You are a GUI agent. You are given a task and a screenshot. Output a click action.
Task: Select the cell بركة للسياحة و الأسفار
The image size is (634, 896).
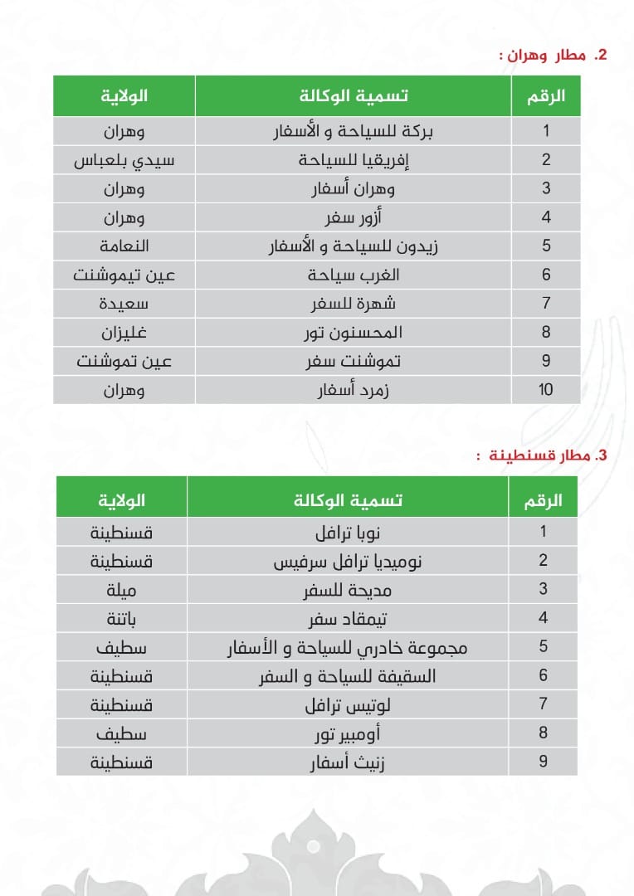point(353,131)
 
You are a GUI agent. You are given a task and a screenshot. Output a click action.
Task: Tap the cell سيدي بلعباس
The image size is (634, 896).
point(124,160)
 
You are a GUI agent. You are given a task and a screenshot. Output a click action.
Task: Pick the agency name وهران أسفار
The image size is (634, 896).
point(353,188)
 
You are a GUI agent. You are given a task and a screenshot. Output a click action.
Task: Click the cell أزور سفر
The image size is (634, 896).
point(353,217)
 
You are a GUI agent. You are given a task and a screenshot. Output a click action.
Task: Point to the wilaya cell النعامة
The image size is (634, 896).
point(124,246)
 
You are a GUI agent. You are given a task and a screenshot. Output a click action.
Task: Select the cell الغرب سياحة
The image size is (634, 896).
point(353,275)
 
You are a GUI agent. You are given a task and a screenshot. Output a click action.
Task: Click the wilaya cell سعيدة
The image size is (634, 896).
point(124,304)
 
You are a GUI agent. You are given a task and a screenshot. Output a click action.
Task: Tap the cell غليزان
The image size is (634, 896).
point(124,333)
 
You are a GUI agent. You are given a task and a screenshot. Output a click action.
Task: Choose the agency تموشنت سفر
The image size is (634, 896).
point(353,361)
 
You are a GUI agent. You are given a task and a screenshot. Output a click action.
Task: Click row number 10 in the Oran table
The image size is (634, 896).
point(545,390)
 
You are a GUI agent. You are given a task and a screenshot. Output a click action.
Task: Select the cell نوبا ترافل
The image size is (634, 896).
point(348,532)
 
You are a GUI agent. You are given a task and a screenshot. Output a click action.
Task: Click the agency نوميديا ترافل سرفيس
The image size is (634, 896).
point(348,561)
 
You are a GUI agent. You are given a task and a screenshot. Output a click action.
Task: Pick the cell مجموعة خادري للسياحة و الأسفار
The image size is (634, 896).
point(348,647)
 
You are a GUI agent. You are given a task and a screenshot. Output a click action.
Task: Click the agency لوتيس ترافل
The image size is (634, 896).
point(348,705)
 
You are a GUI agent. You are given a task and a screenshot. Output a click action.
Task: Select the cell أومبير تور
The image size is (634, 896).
point(348,733)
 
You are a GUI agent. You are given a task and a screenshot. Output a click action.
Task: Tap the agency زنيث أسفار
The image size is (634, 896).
point(348,762)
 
